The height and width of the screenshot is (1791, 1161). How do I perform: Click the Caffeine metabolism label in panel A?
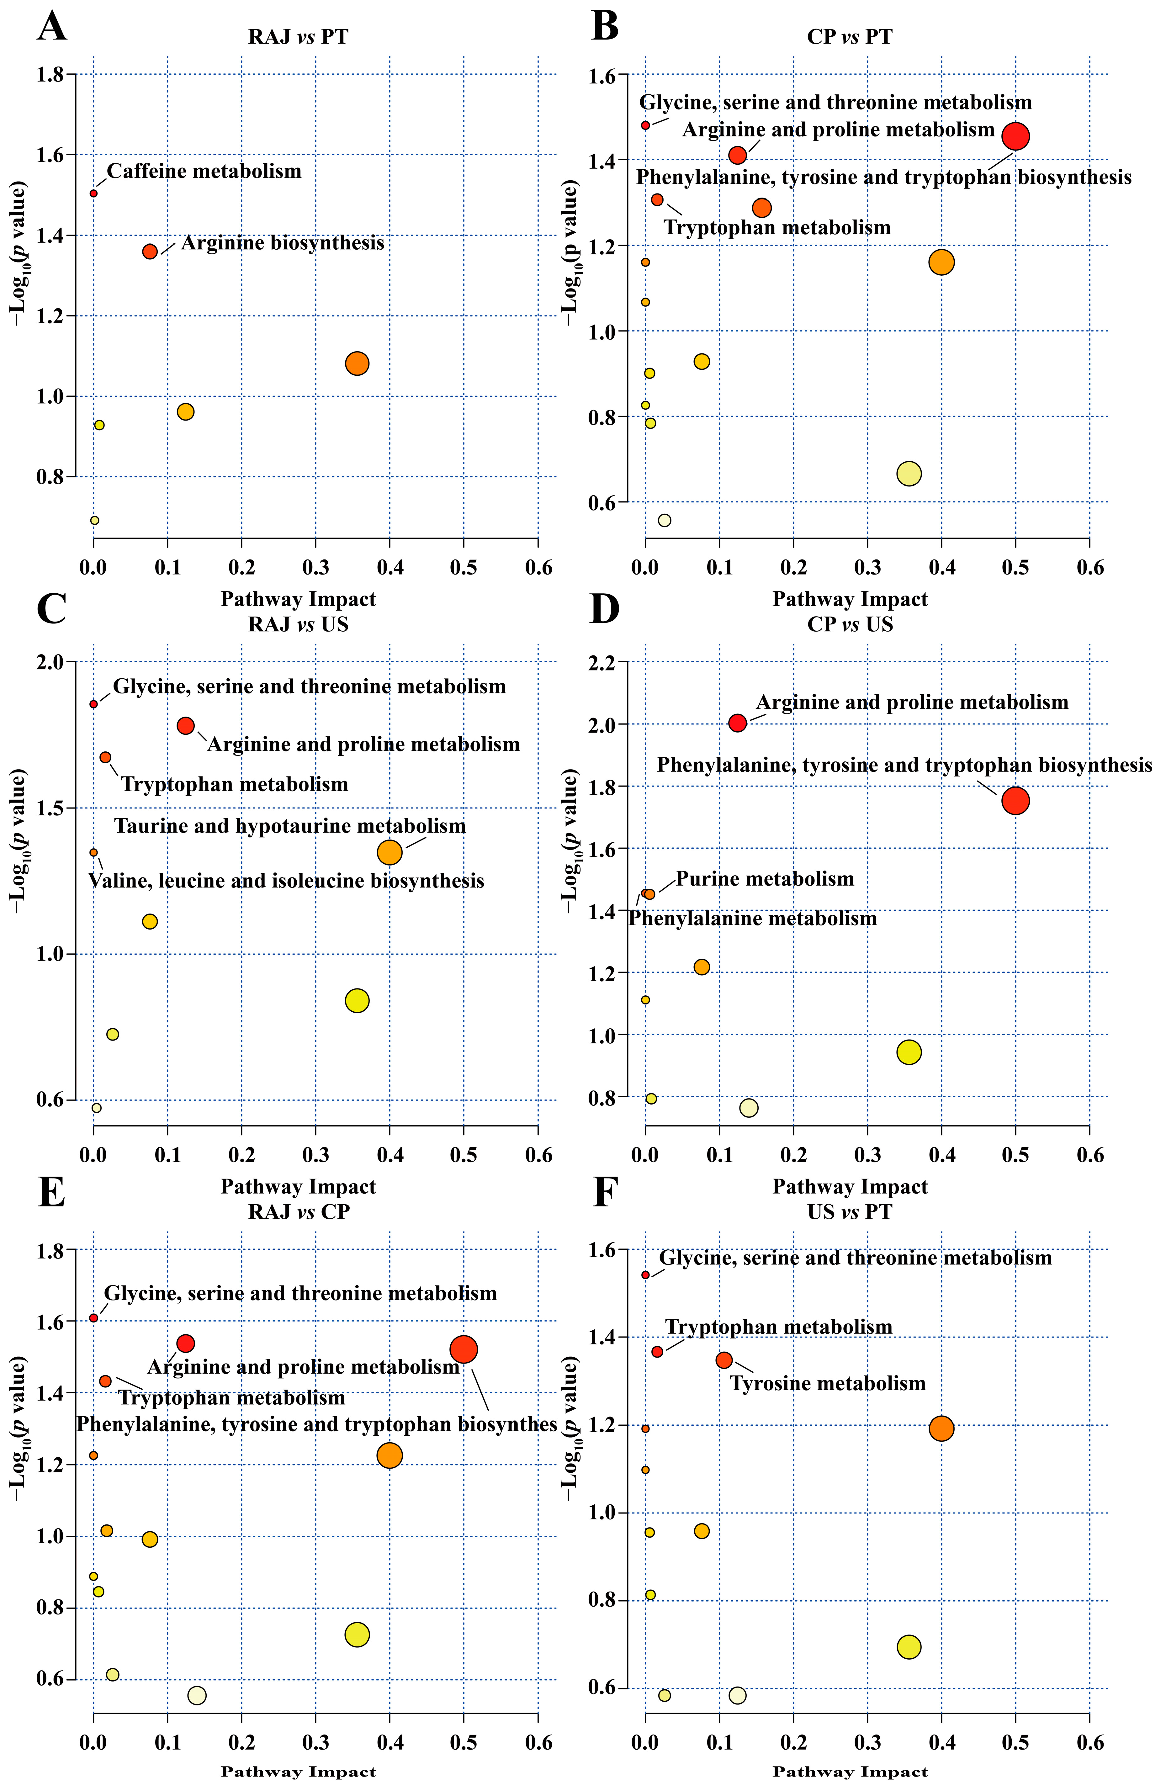(204, 172)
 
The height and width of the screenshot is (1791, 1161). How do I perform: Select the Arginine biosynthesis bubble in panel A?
(150, 251)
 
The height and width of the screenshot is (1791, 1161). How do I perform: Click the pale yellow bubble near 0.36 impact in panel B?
(909, 473)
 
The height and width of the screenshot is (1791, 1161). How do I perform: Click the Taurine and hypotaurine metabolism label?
(290, 826)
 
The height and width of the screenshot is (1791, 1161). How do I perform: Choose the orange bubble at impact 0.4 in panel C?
(390, 853)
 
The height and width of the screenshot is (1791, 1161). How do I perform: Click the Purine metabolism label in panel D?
(765, 879)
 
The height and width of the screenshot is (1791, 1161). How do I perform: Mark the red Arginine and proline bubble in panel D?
(737, 723)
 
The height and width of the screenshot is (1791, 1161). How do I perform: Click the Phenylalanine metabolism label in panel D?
(752, 919)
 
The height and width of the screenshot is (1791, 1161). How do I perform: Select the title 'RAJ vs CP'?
(299, 1211)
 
